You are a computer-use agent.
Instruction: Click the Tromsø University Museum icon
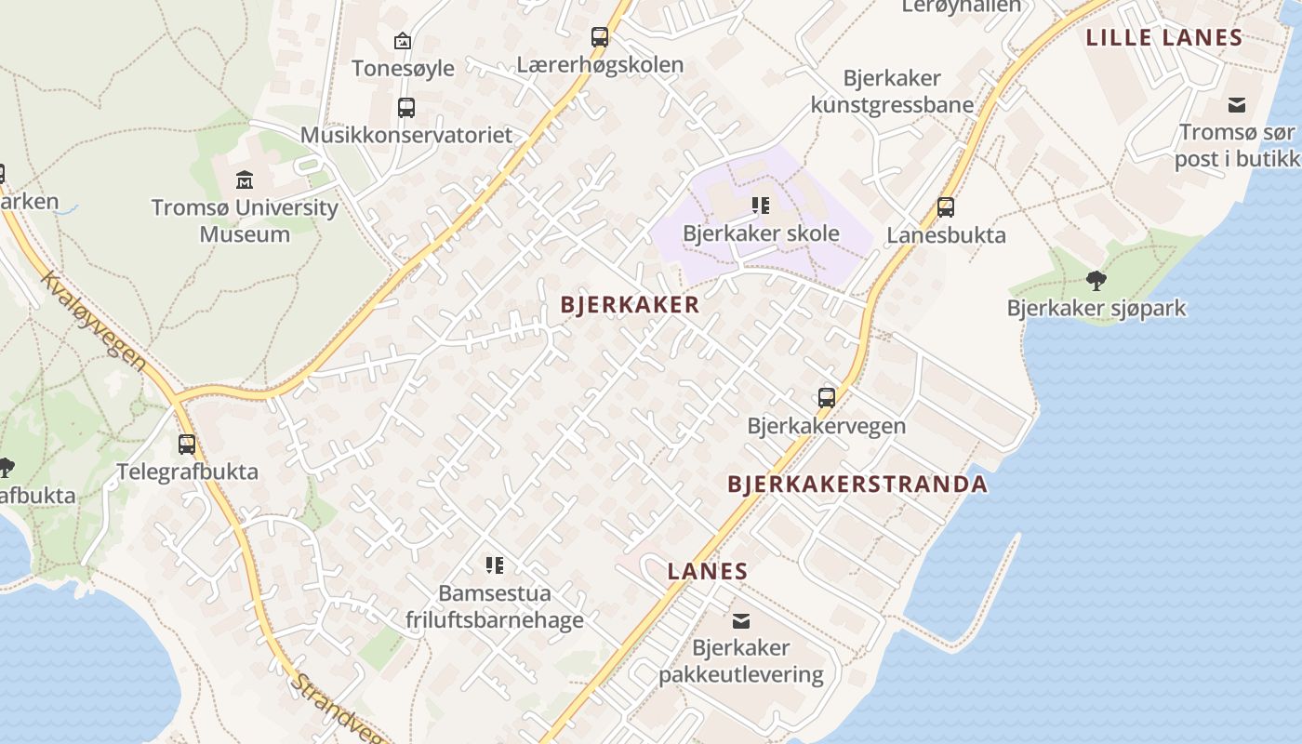[x=245, y=179]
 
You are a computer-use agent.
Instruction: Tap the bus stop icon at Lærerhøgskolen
[x=600, y=37]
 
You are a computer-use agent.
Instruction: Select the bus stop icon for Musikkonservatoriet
[x=406, y=107]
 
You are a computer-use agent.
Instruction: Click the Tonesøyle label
[x=403, y=68]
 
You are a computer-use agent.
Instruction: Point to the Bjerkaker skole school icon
[x=761, y=206]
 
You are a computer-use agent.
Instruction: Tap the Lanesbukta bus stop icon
[x=946, y=207]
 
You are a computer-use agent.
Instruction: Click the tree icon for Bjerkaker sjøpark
[x=1096, y=280]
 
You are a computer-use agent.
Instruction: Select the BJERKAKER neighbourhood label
[x=630, y=305]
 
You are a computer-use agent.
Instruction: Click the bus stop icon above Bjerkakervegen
[x=827, y=398]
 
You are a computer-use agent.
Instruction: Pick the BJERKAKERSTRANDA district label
[x=857, y=484]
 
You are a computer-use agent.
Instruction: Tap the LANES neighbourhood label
[x=707, y=571]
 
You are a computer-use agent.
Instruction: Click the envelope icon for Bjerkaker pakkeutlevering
[x=741, y=620]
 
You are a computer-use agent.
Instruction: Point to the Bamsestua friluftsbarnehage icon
[x=495, y=565]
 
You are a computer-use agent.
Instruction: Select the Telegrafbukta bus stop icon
[x=187, y=444]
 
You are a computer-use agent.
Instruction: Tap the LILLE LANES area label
[x=1164, y=38]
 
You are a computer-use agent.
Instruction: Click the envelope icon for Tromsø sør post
[x=1237, y=104]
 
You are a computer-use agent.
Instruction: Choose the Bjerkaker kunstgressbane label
[x=891, y=91]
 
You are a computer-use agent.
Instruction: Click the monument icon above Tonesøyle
[x=403, y=41]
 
